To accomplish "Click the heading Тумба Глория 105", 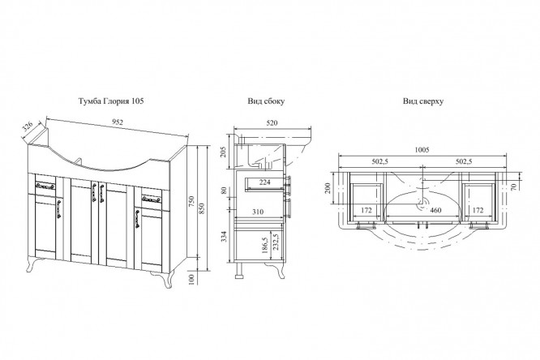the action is pyautogui.click(x=111, y=101).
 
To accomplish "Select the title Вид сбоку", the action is pyautogui.click(x=266, y=101).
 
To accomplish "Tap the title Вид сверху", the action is pyautogui.click(x=423, y=101).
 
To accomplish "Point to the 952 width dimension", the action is pyautogui.click(x=118, y=122).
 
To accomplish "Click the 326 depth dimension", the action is pyautogui.click(x=28, y=126).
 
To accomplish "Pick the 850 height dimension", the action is pyautogui.click(x=202, y=208).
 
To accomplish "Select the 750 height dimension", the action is pyautogui.click(x=191, y=201).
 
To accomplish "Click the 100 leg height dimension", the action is pyautogui.click(x=192, y=280).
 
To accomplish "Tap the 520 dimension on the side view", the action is pyautogui.click(x=272, y=122).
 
